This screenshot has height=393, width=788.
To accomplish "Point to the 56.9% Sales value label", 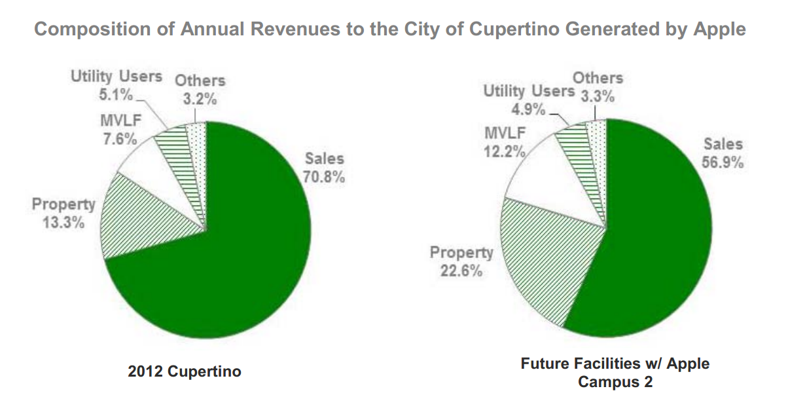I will [723, 162].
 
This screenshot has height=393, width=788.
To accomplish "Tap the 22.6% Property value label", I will [461, 270].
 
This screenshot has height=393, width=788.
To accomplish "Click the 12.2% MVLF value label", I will [505, 151].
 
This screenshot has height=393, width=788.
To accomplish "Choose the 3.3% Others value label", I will [598, 97].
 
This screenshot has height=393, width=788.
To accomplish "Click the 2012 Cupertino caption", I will [185, 372].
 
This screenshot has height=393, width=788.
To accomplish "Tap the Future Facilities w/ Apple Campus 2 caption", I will [615, 372].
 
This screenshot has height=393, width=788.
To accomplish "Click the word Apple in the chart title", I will [716, 29].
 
